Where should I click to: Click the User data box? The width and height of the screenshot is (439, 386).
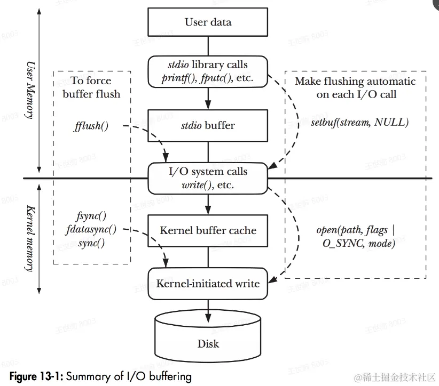(208, 22)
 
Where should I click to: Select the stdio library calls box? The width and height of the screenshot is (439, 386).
(208, 71)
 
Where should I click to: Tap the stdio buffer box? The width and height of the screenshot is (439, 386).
(208, 125)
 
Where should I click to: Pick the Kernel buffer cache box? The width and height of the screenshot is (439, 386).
(208, 230)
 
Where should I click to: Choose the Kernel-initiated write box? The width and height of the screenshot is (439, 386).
(208, 283)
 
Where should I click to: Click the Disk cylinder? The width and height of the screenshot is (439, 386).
(208, 336)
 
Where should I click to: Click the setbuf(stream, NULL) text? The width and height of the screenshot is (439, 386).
(359, 122)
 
